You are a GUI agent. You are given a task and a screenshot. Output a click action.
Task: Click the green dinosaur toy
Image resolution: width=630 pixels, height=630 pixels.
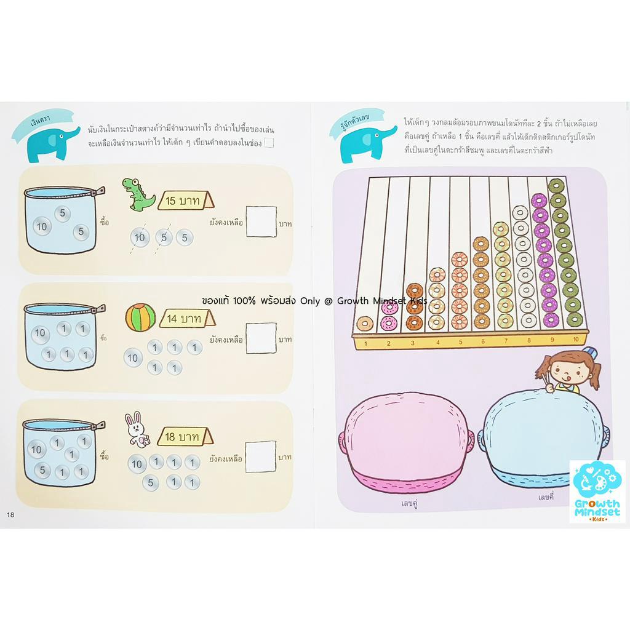point(138,194)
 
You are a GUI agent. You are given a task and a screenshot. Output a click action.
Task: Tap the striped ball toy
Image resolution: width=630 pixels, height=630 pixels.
point(141,317)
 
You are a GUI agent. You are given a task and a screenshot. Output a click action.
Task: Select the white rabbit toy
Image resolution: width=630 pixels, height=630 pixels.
point(137,429)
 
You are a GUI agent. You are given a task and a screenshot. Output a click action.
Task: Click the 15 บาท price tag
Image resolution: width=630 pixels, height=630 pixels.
point(185,201)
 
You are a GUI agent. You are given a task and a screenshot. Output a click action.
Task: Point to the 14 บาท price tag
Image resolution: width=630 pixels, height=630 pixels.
point(187,319)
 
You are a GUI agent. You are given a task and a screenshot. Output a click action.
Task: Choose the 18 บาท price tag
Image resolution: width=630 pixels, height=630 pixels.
point(185,436)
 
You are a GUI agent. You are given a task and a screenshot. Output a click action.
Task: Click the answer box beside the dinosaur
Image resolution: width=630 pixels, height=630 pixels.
point(261,221)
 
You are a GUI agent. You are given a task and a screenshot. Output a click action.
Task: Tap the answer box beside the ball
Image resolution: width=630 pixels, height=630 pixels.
point(261,338)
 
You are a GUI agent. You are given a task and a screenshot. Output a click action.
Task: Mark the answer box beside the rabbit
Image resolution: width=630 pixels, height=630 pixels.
point(261,457)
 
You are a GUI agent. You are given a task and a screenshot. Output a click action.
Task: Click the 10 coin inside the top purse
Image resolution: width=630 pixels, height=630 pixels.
point(42,226)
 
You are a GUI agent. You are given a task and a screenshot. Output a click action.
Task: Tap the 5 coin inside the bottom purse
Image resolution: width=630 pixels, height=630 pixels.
point(42,470)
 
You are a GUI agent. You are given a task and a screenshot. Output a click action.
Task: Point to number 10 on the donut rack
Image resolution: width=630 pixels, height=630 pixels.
point(576,340)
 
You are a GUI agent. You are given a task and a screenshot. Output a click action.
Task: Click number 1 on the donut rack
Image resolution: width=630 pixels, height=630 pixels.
point(365,343)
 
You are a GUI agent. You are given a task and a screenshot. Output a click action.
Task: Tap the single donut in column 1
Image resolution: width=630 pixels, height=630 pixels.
point(365,324)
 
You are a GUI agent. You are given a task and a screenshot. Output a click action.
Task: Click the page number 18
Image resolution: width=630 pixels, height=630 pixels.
point(10,514)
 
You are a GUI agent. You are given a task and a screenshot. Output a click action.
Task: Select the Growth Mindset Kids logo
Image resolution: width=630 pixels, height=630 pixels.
point(597,492)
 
